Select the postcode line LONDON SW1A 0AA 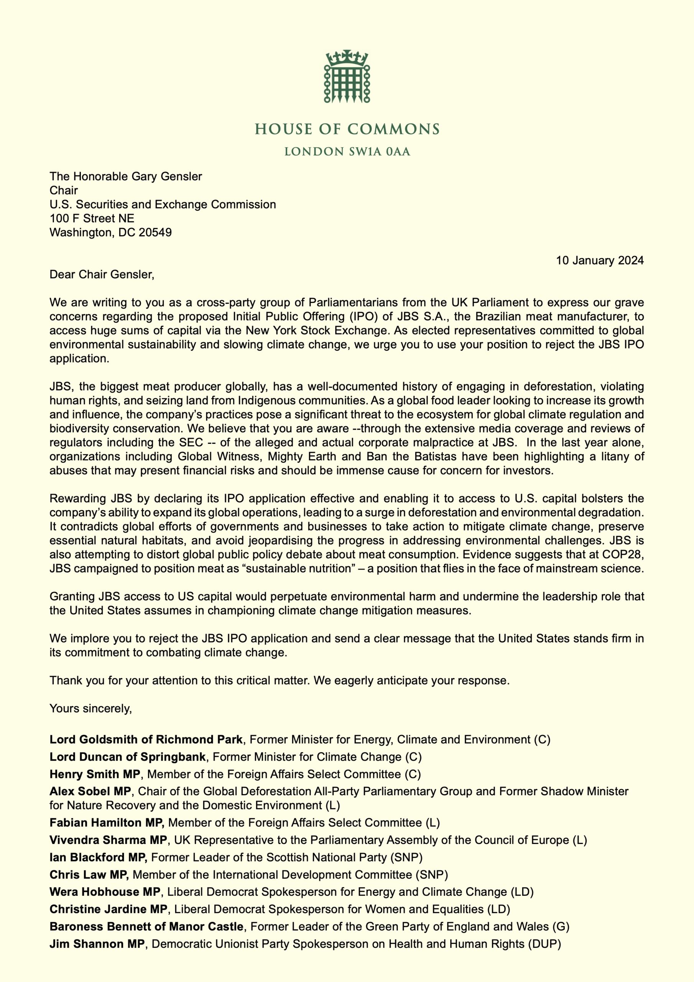tap(347, 152)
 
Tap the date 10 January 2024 tap(600, 260)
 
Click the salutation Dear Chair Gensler tap(102, 274)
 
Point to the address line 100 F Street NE tap(92, 219)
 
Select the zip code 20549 tap(155, 233)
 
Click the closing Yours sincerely tap(90, 709)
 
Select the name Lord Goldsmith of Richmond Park tap(146, 740)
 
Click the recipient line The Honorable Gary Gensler tap(126, 176)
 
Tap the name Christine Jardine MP tap(109, 909)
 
